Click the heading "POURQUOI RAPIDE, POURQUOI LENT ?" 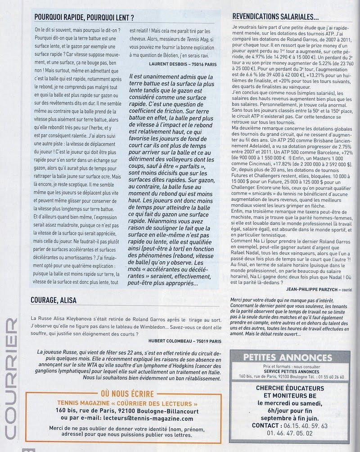point(86,17)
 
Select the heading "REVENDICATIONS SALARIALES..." point(275,17)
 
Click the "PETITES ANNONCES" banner point(288,358)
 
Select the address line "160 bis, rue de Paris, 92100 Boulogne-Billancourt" point(125,410)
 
